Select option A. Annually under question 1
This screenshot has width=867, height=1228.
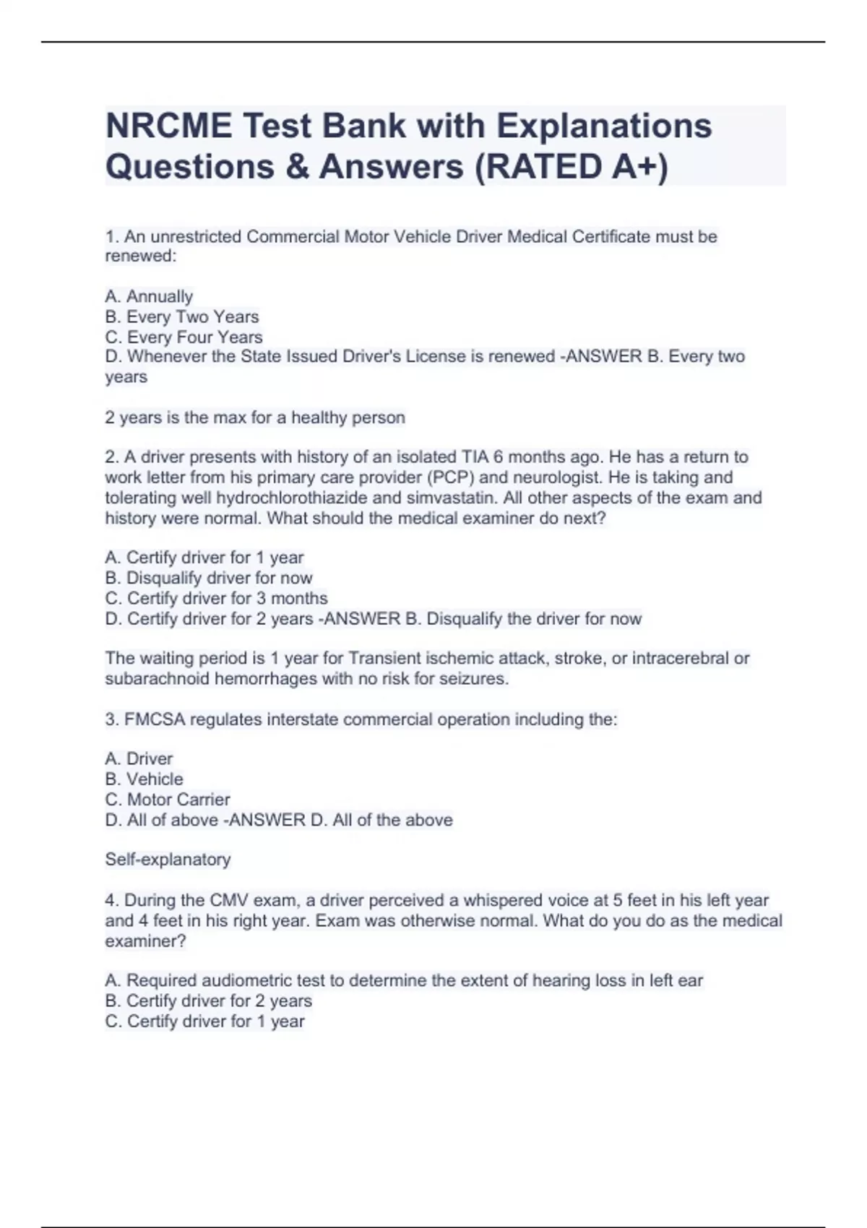(149, 296)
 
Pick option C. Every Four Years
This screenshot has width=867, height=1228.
(184, 337)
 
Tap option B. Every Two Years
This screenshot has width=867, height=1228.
(181, 316)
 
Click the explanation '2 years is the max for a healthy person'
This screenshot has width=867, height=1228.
(255, 418)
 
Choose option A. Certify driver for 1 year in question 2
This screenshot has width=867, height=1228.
(204, 558)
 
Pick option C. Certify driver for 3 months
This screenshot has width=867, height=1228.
(216, 598)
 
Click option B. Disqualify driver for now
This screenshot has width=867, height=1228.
(208, 578)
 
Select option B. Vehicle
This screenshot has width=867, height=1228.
(144, 779)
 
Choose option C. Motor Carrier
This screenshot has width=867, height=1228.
(168, 800)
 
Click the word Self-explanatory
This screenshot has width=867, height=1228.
(168, 860)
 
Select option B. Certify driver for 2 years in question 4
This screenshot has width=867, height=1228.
(208, 1000)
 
